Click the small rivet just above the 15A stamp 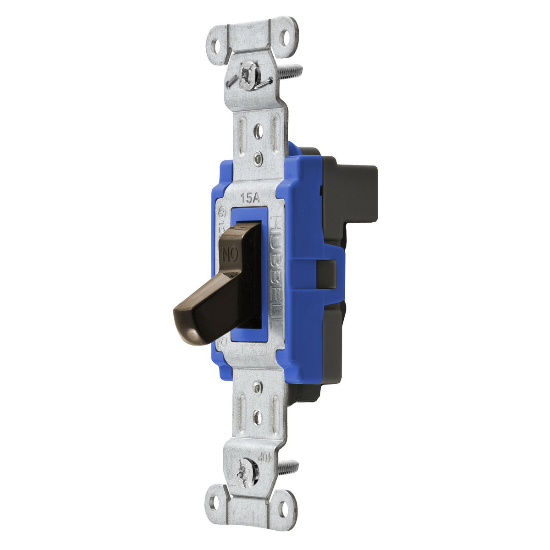(x=258, y=159)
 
